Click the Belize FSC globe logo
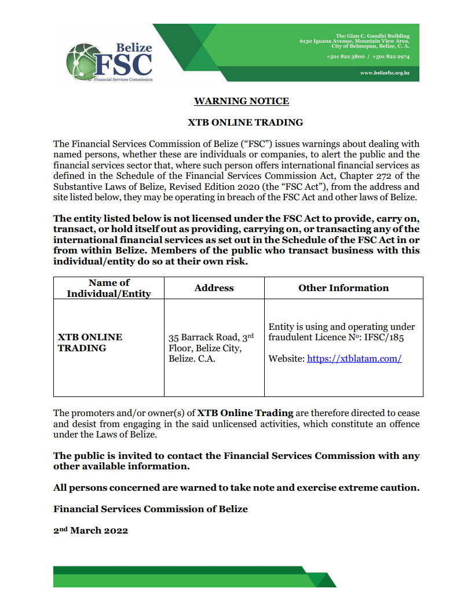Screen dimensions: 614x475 tap(80, 62)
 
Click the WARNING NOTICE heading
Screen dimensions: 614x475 tap(242, 101)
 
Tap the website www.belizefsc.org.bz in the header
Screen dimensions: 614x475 tap(385, 73)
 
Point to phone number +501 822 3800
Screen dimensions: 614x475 tap(345, 57)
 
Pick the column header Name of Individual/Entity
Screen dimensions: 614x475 tap(109, 288)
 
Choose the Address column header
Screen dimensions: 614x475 tap(214, 288)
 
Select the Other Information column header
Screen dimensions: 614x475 tap(344, 288)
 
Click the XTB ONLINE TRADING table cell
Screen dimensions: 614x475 tap(90, 343)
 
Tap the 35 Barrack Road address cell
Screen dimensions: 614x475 tap(211, 348)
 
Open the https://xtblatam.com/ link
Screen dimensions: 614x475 tap(355, 359)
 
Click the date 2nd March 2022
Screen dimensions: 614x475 tap(90, 530)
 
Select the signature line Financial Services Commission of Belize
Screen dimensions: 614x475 tap(151, 509)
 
